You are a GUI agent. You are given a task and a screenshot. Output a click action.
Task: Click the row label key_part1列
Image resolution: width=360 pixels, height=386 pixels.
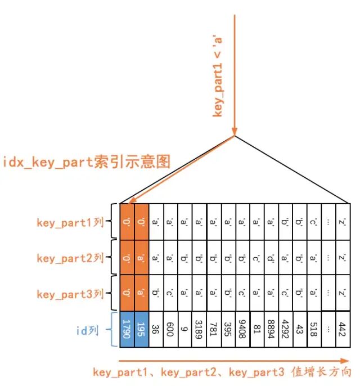pos(70,222)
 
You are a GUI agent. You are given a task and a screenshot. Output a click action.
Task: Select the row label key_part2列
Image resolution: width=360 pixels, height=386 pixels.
pos(70,258)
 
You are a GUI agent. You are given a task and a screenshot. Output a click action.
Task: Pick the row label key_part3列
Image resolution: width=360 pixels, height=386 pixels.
pos(70,294)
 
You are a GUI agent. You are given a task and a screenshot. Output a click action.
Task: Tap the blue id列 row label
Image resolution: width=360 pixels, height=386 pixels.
pos(87,330)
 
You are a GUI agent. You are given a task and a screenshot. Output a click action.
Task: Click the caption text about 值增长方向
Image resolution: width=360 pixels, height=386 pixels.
pos(222,372)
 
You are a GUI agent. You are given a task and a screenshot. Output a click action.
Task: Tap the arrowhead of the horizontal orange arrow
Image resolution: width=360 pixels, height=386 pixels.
pos(345,360)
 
